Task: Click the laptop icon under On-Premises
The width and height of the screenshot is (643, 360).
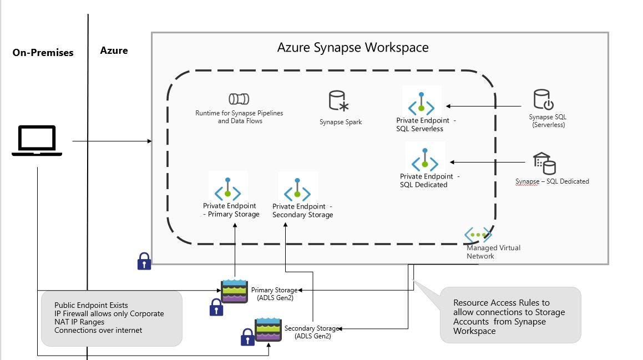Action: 37,141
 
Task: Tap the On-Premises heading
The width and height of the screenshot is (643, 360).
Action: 43,53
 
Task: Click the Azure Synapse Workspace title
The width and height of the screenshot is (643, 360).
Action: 353,47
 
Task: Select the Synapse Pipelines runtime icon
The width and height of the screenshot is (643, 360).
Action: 239,99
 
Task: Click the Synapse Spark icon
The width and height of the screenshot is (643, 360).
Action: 338,101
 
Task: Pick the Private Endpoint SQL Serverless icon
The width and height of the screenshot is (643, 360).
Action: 422,103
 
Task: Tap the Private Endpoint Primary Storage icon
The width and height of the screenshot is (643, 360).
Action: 228,189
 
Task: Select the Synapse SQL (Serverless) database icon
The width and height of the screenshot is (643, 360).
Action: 544,100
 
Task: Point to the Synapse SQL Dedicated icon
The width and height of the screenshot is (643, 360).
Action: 544,163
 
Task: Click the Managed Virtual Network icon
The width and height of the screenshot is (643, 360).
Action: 478,235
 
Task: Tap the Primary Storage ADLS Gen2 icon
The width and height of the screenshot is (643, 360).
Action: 235,291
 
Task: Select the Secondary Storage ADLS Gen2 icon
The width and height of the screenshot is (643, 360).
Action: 268,329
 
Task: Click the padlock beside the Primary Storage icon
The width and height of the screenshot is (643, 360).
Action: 216,307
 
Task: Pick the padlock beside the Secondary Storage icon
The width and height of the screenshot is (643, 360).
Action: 247,337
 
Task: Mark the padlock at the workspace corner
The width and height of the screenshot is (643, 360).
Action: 144,261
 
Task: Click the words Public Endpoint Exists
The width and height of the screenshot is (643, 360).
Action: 91,305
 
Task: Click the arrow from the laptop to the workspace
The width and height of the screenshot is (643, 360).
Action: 111,141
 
